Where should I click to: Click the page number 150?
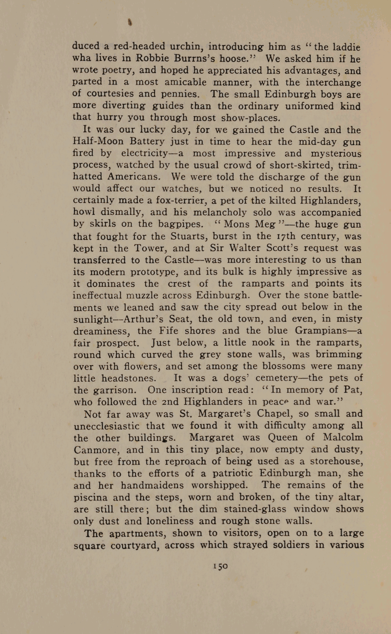(220, 566)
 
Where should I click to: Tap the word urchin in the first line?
(186, 46)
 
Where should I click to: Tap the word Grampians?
(323, 331)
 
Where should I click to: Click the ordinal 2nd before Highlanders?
(171, 401)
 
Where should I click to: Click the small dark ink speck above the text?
(130, 23)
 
